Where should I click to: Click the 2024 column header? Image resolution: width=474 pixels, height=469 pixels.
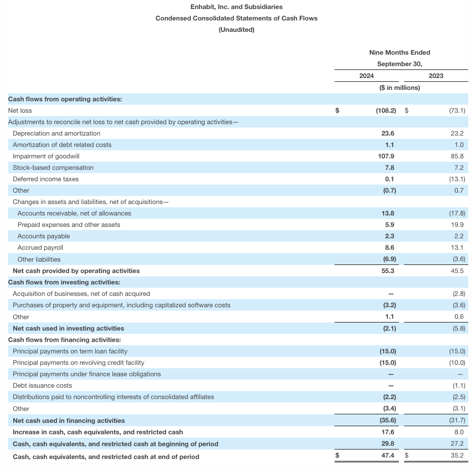click(366, 76)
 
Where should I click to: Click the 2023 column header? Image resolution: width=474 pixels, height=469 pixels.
click(435, 76)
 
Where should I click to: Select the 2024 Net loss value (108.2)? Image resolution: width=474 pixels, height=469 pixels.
click(385, 110)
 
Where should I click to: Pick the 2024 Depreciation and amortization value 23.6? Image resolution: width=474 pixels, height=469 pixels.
click(388, 133)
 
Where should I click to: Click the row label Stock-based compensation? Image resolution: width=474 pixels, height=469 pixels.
click(53, 167)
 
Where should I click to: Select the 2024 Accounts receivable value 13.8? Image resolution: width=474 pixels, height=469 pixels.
click(388, 213)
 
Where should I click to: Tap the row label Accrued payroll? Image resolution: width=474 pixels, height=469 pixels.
click(40, 247)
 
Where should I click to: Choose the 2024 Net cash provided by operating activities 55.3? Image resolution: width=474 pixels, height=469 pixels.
click(388, 271)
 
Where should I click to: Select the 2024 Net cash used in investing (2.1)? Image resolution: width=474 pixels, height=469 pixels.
click(389, 328)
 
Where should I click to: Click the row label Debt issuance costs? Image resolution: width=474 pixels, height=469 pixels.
click(42, 385)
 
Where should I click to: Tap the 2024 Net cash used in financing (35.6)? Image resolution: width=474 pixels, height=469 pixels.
click(388, 420)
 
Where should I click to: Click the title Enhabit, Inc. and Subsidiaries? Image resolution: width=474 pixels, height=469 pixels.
click(237, 7)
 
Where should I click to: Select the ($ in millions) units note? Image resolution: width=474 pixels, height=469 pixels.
click(400, 88)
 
